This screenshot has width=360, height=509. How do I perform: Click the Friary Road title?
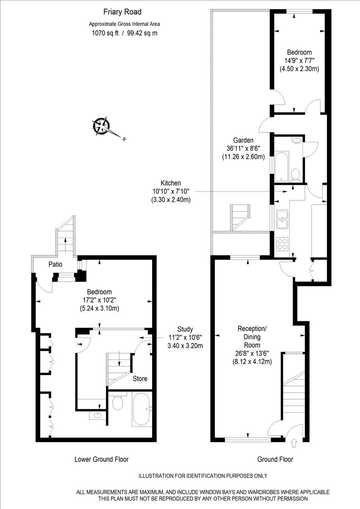(123, 12)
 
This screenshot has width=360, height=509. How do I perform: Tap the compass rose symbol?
(102, 126)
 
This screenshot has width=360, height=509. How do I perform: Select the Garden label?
(244, 140)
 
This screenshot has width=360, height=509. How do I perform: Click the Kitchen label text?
(171, 183)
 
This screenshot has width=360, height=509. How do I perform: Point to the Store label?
(140, 378)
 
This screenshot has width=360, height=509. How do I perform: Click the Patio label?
(55, 264)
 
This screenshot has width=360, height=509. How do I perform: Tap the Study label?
(185, 329)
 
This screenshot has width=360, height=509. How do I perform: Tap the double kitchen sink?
(282, 219)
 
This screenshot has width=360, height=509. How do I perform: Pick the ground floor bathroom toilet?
(295, 175)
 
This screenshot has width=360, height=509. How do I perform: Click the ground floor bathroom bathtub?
(282, 166)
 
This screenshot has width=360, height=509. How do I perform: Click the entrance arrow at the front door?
(294, 443)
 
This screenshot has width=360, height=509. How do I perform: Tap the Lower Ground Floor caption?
(102, 460)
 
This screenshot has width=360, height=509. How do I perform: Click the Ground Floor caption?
(275, 460)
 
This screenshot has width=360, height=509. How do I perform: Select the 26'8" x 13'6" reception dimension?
(252, 353)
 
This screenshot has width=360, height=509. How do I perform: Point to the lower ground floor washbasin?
(97, 415)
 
